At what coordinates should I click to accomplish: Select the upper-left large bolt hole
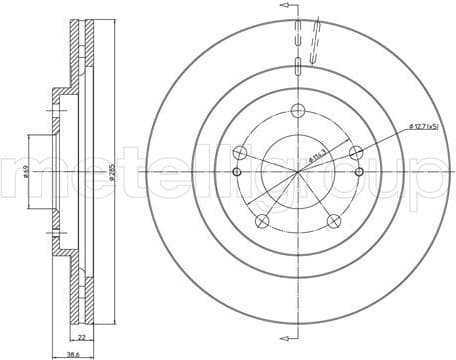(241, 153)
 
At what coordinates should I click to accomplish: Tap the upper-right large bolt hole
(357, 153)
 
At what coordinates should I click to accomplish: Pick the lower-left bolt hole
(263, 221)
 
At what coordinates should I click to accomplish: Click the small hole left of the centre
(236, 172)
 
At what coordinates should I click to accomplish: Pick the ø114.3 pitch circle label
(317, 153)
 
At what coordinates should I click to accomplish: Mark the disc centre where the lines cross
(299, 172)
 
